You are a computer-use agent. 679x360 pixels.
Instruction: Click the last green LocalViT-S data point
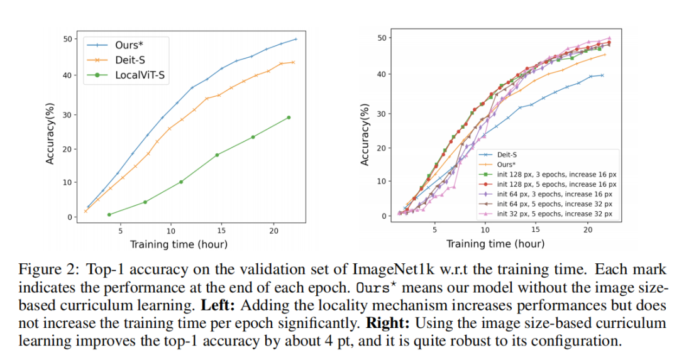(x=289, y=117)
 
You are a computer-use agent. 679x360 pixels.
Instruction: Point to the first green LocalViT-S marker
(x=109, y=215)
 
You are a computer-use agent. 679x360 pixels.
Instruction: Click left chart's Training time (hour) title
(x=179, y=244)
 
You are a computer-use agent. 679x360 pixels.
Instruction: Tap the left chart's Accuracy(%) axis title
(x=50, y=128)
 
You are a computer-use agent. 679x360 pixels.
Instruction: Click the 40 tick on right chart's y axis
(x=382, y=75)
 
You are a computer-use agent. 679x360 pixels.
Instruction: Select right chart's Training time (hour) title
(x=495, y=244)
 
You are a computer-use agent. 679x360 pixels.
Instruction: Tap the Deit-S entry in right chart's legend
(x=508, y=154)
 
